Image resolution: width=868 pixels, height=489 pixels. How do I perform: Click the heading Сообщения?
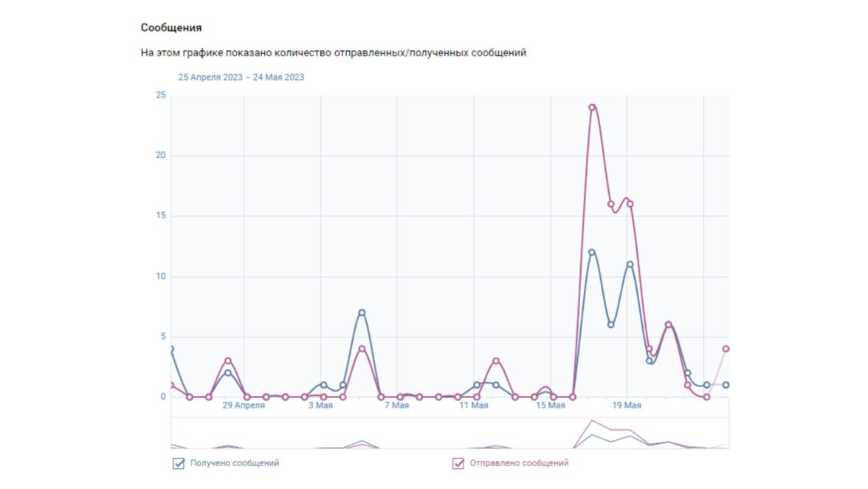171,28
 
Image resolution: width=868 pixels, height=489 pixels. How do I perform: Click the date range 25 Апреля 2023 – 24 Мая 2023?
241,77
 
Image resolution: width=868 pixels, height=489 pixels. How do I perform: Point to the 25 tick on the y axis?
160,95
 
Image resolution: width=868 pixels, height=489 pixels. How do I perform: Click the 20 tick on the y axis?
160,156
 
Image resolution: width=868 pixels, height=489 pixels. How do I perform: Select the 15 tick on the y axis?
160,216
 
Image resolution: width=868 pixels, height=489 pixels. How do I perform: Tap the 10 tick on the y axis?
160,277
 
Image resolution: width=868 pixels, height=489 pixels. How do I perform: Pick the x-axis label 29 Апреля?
244,406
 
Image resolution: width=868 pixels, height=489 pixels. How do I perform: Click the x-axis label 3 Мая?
320,406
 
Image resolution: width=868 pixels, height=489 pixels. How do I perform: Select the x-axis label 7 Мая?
397,406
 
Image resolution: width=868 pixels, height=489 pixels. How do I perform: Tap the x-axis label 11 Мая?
473,406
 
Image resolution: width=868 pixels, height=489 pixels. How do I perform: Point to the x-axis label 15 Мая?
551,406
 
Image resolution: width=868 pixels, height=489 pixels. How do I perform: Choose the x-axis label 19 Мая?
627,406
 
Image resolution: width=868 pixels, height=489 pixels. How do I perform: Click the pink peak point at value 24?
592,107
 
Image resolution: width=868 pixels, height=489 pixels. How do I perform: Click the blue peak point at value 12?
592,253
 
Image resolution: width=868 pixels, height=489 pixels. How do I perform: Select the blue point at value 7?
362,312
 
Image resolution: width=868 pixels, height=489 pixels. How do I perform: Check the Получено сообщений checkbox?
179,464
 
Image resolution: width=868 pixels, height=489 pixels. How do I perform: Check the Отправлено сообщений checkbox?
458,464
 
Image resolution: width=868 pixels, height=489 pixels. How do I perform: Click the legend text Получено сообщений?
235,463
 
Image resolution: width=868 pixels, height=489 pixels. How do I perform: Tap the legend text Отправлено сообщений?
518,463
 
